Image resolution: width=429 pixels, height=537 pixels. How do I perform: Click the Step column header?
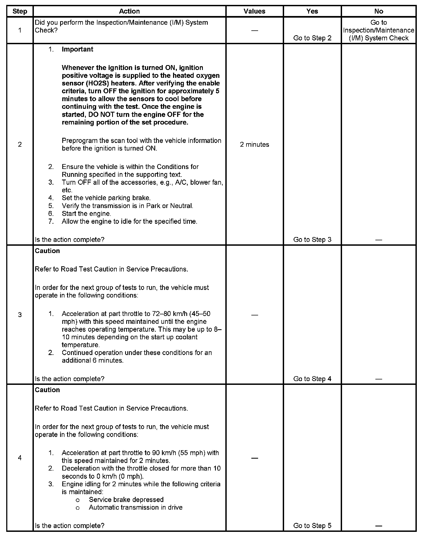point(20,11)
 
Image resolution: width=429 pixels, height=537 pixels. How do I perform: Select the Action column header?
point(129,11)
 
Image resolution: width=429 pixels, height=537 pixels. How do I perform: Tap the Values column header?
point(254,11)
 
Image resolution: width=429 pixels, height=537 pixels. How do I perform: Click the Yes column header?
point(312,11)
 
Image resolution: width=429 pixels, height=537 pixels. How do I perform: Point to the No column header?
point(378,11)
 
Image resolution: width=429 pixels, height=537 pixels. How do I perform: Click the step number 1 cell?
point(20,30)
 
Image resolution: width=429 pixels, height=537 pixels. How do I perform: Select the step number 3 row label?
point(20,315)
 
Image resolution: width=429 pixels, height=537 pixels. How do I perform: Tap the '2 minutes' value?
point(254,145)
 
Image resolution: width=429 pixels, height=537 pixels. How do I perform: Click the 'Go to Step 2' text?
point(312,38)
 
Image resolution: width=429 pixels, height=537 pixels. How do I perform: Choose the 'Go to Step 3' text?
point(312,239)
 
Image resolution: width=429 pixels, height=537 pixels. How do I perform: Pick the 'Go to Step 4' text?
point(312,379)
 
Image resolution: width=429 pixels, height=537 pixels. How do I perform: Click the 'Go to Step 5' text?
point(312,525)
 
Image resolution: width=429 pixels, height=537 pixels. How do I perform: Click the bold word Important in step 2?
point(77,49)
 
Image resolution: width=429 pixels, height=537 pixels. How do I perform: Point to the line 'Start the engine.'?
point(86,214)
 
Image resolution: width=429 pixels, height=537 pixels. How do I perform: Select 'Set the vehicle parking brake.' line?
point(106,198)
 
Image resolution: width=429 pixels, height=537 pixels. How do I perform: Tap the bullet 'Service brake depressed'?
point(126,500)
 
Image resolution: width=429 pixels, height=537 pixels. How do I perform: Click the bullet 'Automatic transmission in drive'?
point(135,507)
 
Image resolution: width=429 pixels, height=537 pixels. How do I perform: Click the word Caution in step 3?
point(47,251)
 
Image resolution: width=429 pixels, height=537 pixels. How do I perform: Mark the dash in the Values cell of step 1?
point(254,30)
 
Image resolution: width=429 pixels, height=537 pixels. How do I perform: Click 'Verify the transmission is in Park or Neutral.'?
point(127,206)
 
